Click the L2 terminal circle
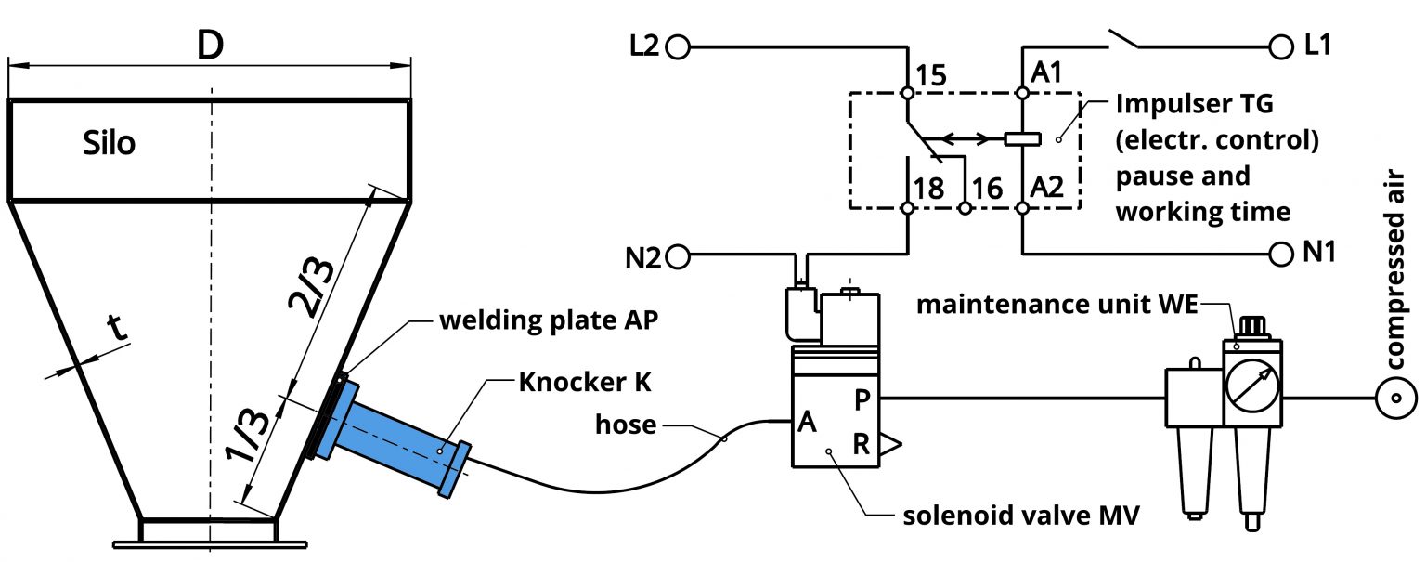click(x=679, y=46)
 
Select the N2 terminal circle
click(x=679, y=255)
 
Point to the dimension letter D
click(x=210, y=45)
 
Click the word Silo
click(x=109, y=144)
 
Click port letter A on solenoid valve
click(x=806, y=424)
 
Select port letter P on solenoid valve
click(x=861, y=399)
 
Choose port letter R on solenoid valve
click(x=861, y=445)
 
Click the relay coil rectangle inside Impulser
click(x=1021, y=140)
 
